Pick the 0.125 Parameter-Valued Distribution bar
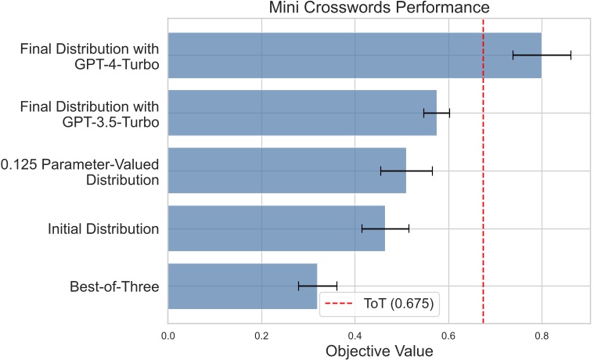(286, 171)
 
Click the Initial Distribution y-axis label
(103, 229)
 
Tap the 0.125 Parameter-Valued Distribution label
(81, 171)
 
